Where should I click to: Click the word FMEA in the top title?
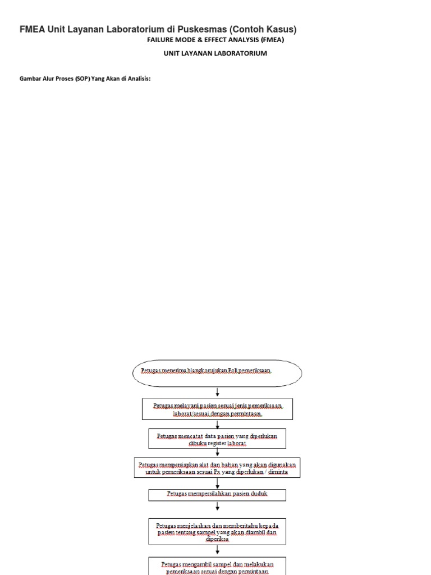pyautogui.click(x=33, y=29)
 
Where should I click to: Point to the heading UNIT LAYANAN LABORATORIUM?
pyautogui.click(x=215, y=53)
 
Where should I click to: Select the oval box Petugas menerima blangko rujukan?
pyautogui.click(x=217, y=373)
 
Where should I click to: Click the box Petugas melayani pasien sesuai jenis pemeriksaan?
pyautogui.click(x=217, y=409)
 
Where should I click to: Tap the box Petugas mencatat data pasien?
pyautogui.click(x=217, y=439)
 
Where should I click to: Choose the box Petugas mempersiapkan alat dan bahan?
pyautogui.click(x=217, y=468)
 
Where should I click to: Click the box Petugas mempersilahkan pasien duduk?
pyautogui.click(x=217, y=494)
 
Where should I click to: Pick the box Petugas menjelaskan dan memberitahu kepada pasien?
pyautogui.click(x=217, y=531)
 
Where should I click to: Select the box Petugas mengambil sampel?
pyautogui.click(x=217, y=565)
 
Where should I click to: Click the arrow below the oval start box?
pyautogui.click(x=217, y=393)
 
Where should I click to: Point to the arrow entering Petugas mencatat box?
pyautogui.click(x=217, y=425)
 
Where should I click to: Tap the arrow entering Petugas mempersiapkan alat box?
pyautogui.click(x=217, y=453)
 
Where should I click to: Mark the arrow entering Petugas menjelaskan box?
pyautogui.click(x=217, y=509)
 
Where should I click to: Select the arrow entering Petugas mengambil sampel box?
pyautogui.click(x=217, y=551)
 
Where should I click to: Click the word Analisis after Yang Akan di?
pyautogui.click(x=139, y=79)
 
